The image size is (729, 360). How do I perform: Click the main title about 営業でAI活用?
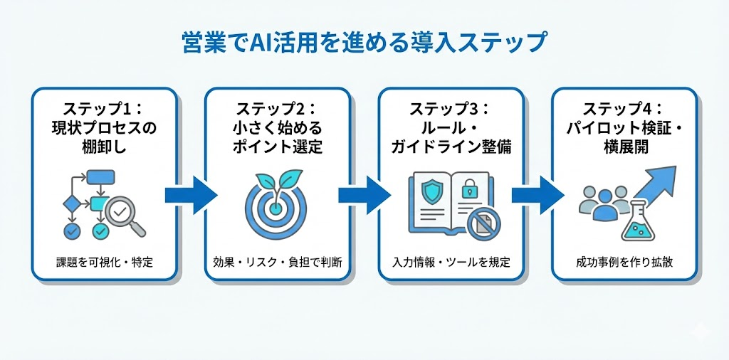pyautogui.click(x=364, y=42)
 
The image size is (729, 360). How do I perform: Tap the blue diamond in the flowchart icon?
pyautogui.click(x=72, y=203)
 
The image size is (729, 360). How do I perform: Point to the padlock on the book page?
pyautogui.click(x=469, y=189)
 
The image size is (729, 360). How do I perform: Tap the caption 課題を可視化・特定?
pyautogui.click(x=103, y=263)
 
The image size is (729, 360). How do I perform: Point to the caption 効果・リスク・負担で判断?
pyautogui.click(x=277, y=263)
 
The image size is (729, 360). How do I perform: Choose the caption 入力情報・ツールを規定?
pyautogui.click(x=451, y=263)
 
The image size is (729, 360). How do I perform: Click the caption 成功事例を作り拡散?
pyautogui.click(x=624, y=263)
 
